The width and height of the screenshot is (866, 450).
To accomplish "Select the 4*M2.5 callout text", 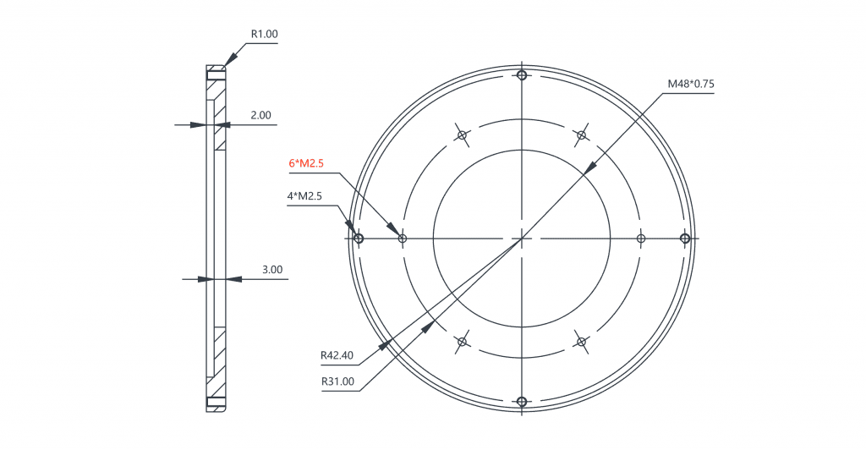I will [306, 196].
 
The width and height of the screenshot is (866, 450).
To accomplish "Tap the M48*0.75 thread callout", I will [690, 84].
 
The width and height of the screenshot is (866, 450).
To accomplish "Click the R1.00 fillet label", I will [264, 35].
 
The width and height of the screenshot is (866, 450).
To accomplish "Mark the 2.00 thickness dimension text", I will [260, 115].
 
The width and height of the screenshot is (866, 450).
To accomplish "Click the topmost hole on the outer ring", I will [522, 76].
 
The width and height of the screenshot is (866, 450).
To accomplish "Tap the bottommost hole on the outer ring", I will [522, 401].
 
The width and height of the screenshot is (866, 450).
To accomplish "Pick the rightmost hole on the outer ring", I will [685, 239].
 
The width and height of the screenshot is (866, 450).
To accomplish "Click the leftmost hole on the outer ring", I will [359, 239].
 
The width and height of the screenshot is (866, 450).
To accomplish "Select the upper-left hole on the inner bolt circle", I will [462, 135].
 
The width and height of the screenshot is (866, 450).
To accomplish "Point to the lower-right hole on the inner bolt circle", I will [581, 342].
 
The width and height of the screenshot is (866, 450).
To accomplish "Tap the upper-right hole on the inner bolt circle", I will [581, 134].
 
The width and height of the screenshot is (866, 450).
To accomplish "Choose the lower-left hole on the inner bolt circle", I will [462, 342].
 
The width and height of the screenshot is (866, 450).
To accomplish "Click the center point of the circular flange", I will [522, 239].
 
